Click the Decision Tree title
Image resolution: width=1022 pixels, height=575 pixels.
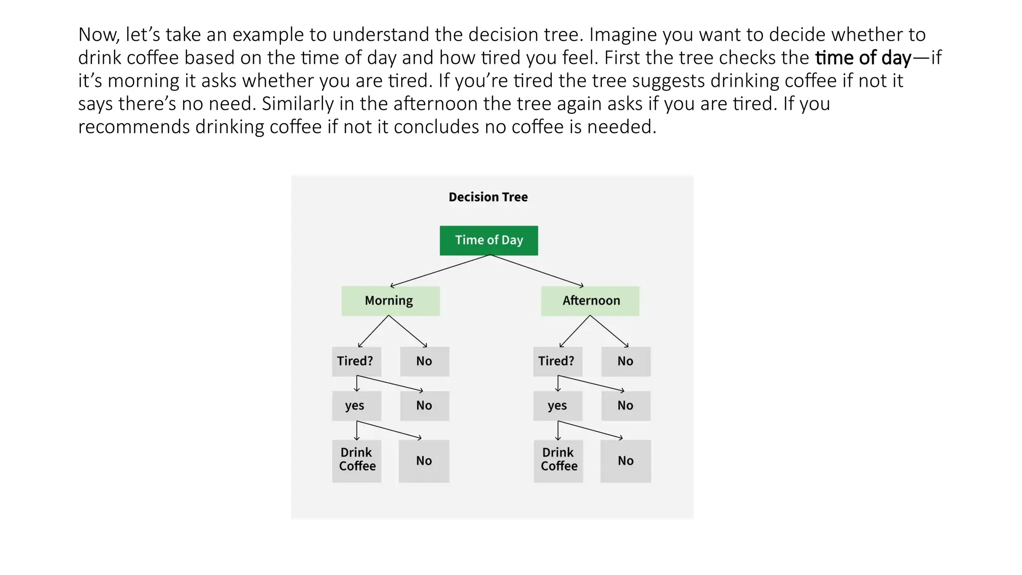point(488,197)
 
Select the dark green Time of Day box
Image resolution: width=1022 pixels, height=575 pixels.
point(489,241)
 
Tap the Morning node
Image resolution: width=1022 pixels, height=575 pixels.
point(390,301)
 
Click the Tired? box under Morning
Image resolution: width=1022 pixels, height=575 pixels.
point(356,361)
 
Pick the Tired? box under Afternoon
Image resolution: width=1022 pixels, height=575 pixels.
point(557,361)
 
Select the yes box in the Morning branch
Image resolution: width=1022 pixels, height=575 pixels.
point(356,406)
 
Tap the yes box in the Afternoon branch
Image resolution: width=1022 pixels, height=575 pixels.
point(557,406)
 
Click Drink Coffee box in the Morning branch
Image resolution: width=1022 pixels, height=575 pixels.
point(357,460)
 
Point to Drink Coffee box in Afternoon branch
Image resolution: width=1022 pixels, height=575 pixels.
point(558,460)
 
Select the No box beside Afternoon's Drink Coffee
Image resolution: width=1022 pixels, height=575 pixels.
point(625,461)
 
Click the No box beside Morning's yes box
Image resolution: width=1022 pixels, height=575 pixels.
point(424,406)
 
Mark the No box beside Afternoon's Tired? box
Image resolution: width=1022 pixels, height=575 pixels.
point(626,361)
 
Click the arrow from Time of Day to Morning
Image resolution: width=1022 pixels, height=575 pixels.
point(439,271)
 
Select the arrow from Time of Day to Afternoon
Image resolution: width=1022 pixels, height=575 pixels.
point(538,271)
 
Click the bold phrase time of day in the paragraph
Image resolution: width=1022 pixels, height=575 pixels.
point(863,58)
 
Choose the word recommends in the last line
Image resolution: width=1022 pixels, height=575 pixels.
point(134,127)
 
